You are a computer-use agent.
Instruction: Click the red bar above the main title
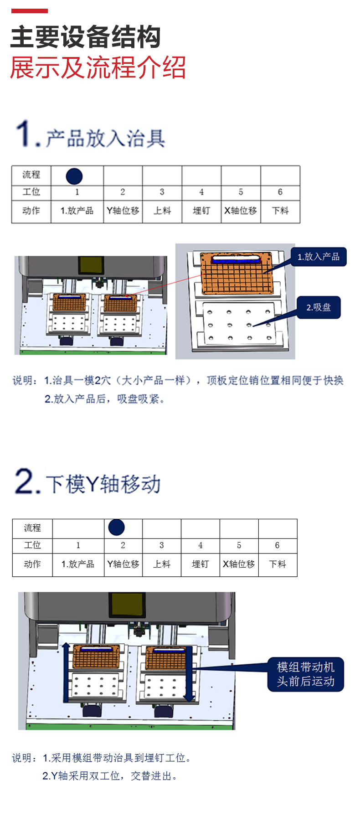click(x=29, y=10)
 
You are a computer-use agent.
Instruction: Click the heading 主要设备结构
click(x=86, y=37)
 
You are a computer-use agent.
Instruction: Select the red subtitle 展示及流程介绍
click(x=98, y=67)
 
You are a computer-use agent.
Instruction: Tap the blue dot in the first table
click(x=74, y=176)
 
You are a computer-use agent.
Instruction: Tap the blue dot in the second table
click(x=116, y=527)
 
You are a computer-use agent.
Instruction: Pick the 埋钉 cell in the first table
click(x=201, y=211)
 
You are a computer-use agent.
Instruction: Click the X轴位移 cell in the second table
click(x=239, y=564)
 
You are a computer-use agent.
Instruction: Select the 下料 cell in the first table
click(x=280, y=211)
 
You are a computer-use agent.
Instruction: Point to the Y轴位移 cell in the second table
click(x=123, y=564)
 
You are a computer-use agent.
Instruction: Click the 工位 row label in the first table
click(x=31, y=192)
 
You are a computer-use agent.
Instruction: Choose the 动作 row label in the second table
click(x=32, y=564)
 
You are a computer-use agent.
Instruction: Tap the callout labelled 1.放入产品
click(x=319, y=257)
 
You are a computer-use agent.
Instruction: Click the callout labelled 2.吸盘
click(x=319, y=307)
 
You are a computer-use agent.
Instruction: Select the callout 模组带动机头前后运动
click(x=306, y=674)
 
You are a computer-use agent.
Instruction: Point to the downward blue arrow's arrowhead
click(x=189, y=698)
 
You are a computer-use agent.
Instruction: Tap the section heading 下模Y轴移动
click(x=103, y=484)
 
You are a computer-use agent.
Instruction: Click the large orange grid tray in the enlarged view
click(x=237, y=273)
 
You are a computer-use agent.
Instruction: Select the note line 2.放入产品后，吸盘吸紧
click(x=104, y=399)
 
